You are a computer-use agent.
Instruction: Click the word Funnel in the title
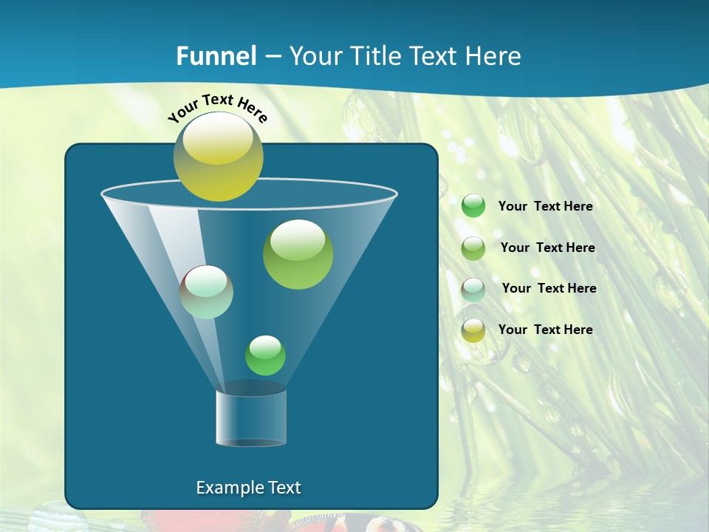click(x=216, y=56)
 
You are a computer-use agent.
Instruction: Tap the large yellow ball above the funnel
click(x=218, y=157)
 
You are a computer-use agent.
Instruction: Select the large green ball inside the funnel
click(x=298, y=255)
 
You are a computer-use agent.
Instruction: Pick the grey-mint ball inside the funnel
click(x=207, y=292)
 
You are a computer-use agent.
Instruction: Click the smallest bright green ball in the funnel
click(x=265, y=355)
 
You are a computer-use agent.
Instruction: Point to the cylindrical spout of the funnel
click(x=251, y=417)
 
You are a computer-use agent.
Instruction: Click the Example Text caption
click(x=248, y=488)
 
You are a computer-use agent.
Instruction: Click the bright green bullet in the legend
click(x=473, y=205)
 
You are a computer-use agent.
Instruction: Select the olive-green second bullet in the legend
click(x=473, y=248)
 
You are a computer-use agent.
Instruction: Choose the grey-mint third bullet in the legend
click(x=473, y=289)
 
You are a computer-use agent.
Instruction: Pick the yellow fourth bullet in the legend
click(x=473, y=330)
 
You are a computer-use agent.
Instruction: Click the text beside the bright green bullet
click(x=545, y=207)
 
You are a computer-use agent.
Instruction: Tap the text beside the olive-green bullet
click(x=547, y=248)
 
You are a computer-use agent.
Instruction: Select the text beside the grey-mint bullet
click(x=549, y=288)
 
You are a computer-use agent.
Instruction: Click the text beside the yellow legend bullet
click(x=545, y=330)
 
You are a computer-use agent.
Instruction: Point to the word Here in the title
click(x=495, y=56)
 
